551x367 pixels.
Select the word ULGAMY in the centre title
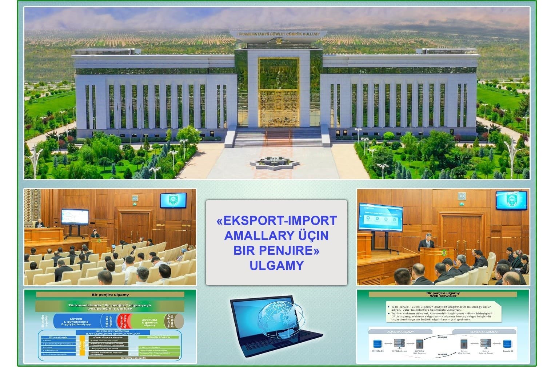(276, 266)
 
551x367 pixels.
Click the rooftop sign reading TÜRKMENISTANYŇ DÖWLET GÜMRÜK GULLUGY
(278, 34)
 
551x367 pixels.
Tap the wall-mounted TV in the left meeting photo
(173, 200)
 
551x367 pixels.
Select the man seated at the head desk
(39, 223)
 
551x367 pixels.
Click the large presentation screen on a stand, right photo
(380, 218)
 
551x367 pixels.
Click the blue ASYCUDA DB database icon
(377, 344)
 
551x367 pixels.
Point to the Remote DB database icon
(508, 344)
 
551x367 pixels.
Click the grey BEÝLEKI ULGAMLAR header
(484, 332)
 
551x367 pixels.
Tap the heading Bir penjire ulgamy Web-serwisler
(443, 294)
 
